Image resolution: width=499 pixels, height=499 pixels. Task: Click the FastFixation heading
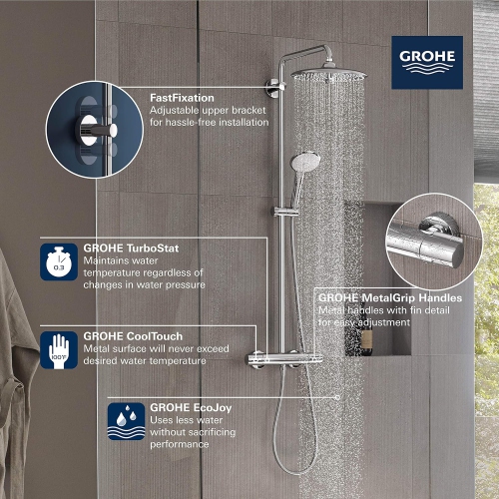[183, 97]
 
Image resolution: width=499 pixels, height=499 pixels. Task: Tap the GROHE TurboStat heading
[125, 249]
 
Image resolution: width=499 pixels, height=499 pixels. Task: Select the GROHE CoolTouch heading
[125, 336]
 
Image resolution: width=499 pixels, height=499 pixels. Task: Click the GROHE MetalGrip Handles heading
[389, 297]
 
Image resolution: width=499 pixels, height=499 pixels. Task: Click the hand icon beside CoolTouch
[57, 348]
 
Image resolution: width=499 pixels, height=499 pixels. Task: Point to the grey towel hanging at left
[15, 329]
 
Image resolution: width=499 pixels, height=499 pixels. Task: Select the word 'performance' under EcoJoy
[181, 444]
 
